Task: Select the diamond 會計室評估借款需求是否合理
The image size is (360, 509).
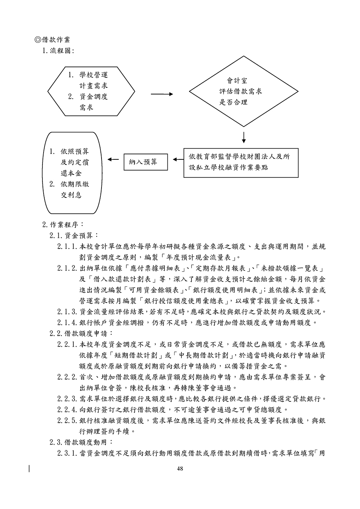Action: [x=244, y=91]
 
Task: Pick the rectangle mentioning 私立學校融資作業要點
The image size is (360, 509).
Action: [x=241, y=162]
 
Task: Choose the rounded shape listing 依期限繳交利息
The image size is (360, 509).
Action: [x=72, y=173]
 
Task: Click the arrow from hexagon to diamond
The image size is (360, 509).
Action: [x=162, y=94]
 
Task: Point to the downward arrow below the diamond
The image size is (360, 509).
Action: [x=244, y=137]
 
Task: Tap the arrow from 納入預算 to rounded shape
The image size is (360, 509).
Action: [x=113, y=159]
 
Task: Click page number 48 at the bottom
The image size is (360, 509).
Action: [x=180, y=468]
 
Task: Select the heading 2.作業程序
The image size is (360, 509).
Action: [x=63, y=225]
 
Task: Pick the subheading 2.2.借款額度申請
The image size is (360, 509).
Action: [x=81, y=333]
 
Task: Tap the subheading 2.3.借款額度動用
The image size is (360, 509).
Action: [x=81, y=442]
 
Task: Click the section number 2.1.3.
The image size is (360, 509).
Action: [x=67, y=312]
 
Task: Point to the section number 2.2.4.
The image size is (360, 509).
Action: [x=67, y=409]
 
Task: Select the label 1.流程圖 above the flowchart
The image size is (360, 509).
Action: [x=58, y=51]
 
